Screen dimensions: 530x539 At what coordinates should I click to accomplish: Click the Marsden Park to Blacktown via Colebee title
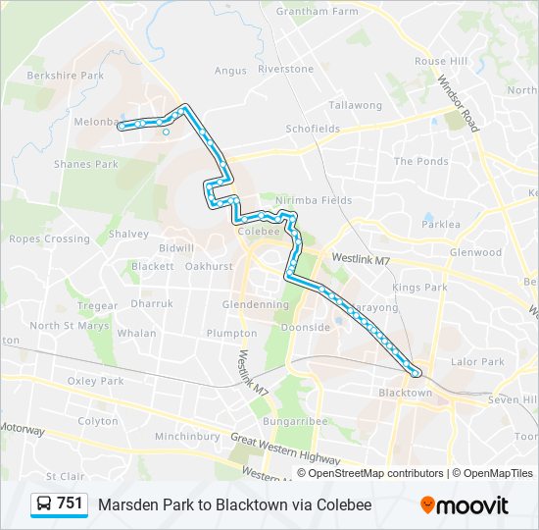tap(234, 504)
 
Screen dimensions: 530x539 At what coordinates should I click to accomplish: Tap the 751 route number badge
tap(60, 503)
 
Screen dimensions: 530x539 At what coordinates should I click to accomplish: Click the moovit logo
tap(465, 504)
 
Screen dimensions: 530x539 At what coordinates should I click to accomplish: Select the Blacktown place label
tap(405, 393)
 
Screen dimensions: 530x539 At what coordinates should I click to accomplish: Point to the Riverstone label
tap(285, 70)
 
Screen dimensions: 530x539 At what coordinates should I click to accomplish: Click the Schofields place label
tap(312, 129)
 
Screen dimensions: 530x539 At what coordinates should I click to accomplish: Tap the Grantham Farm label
tap(317, 12)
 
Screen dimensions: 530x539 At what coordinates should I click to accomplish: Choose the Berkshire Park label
tap(65, 76)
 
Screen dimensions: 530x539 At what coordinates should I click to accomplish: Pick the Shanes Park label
tap(86, 165)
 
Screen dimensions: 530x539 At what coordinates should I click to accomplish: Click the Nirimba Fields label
tap(314, 200)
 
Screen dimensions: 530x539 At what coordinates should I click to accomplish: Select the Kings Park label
tap(419, 288)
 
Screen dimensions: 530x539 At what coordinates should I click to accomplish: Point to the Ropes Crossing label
tap(49, 238)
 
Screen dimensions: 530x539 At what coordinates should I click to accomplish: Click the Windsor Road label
tap(458, 104)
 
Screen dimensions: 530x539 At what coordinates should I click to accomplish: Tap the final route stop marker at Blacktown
tap(416, 372)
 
